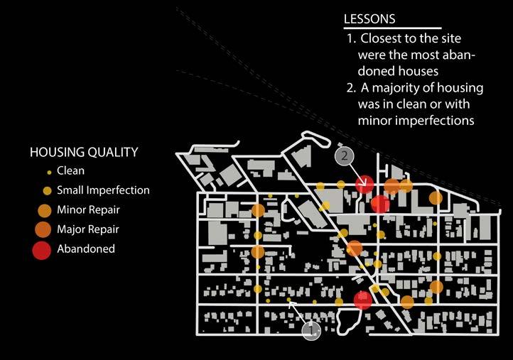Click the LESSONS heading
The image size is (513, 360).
pos(369,18)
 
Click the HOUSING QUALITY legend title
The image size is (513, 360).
pos(83,152)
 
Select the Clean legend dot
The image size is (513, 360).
pos(48,172)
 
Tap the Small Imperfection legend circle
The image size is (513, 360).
pos(47,190)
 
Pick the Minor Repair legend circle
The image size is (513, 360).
pos(44,210)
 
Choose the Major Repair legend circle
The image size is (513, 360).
pos(43,229)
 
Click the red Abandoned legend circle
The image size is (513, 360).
pos(42,249)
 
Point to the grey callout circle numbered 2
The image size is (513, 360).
pos(345,156)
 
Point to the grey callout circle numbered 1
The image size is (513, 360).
pos(311,329)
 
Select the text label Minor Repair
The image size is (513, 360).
pos(88,210)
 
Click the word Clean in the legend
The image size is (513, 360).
pos(70,171)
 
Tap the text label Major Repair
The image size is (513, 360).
pos(87,229)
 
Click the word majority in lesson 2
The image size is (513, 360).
pos(395,88)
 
